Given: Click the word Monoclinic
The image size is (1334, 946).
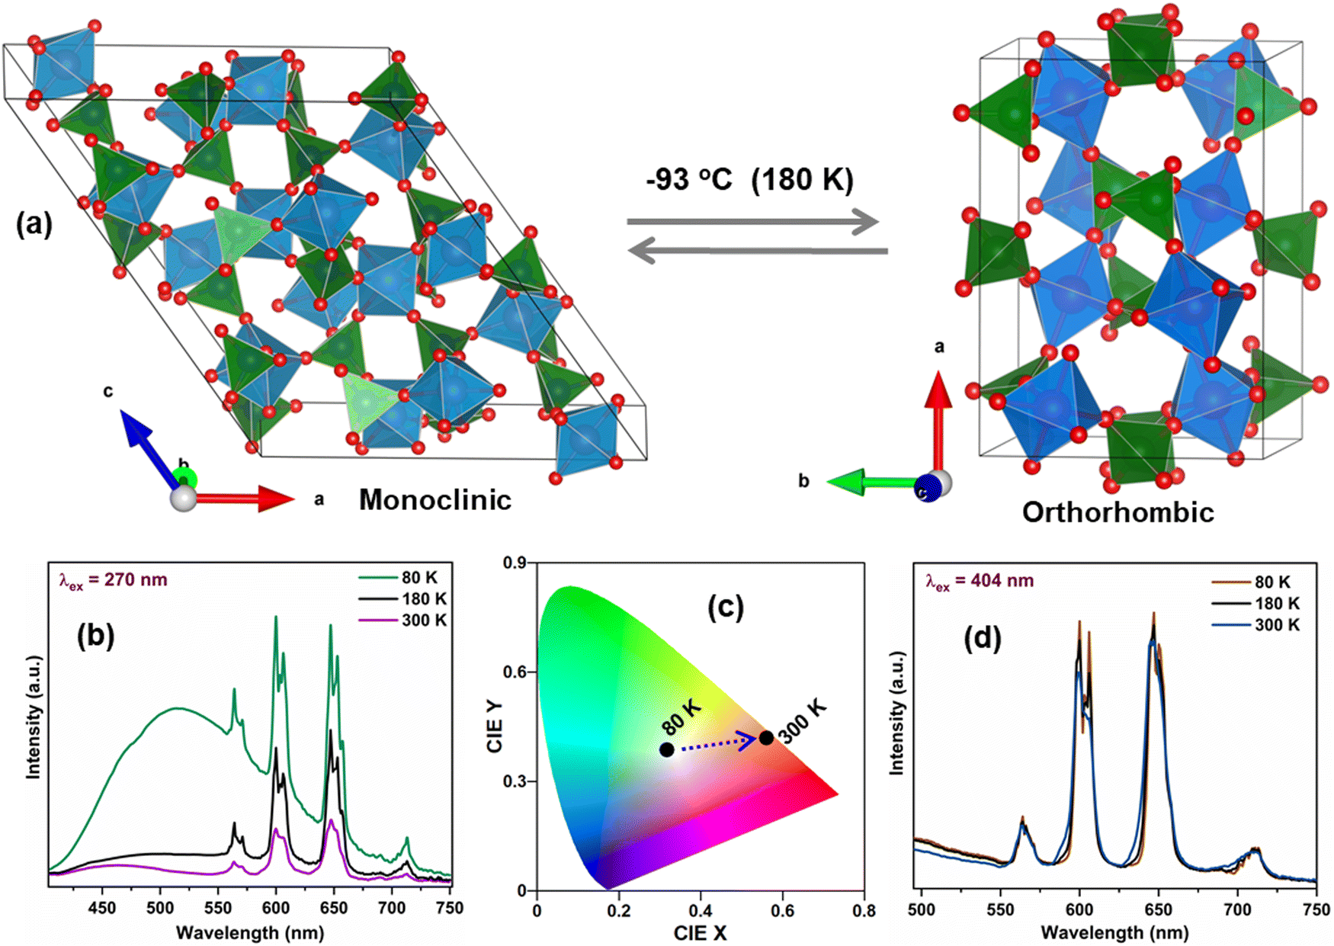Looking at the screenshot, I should point(435,500).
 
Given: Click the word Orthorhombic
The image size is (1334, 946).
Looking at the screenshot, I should point(1118,512).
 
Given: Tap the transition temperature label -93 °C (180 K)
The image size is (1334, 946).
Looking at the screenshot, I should point(749,180).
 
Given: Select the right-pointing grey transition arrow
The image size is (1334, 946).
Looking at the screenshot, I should point(752,223).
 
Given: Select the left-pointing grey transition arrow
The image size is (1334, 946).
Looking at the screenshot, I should point(758,250).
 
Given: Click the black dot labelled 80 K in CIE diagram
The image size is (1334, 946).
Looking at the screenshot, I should point(667,749).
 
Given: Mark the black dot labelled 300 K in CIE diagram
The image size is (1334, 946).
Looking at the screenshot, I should point(766,738).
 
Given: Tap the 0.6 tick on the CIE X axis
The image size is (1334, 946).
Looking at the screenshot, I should point(782,910).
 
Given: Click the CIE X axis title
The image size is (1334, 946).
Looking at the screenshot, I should point(700,932).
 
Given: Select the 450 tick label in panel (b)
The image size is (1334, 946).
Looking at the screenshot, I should point(102,908).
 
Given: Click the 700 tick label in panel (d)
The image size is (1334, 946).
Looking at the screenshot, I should point(1237,909).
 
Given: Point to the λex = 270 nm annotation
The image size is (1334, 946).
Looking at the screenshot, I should point(114,581).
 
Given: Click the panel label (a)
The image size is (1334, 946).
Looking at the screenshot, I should point(34,226).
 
